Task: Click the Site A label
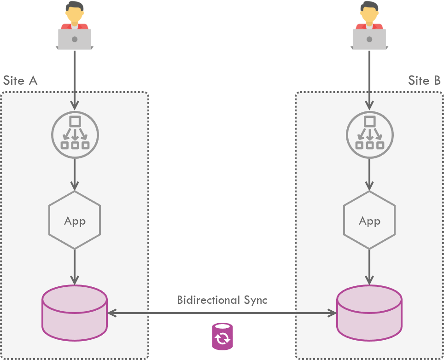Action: click(20, 81)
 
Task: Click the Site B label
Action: click(424, 81)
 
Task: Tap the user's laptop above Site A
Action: click(75, 39)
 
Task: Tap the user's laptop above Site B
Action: click(369, 39)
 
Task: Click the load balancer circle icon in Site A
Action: click(75, 134)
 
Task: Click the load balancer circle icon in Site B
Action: click(369, 134)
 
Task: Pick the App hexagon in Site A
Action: click(75, 221)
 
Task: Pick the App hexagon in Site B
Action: click(369, 221)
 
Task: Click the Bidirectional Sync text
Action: click(222, 300)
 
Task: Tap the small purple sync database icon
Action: click(222, 337)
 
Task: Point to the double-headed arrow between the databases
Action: click(222, 314)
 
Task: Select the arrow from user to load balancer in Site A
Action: click(75, 78)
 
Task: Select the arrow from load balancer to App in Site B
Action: click(369, 174)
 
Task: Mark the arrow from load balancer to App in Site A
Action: click(75, 174)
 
